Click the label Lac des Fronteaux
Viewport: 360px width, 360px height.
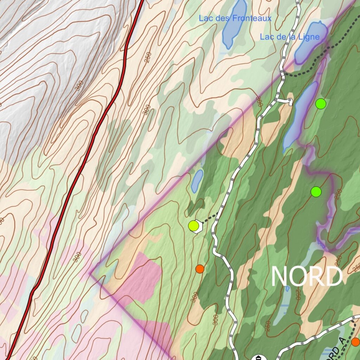[x=235, y=18]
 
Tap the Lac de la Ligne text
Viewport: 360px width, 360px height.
[x=289, y=37]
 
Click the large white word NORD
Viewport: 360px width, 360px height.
[x=307, y=277]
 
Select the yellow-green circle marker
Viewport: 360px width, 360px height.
[x=193, y=226]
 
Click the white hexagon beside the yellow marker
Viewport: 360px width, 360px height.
[x=198, y=226]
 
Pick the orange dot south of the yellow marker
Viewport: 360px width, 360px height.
[x=200, y=269]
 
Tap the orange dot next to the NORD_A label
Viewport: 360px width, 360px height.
[x=355, y=342]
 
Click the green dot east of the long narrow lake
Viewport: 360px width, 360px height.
[x=321, y=104]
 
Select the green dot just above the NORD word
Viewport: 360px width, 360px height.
[x=316, y=192]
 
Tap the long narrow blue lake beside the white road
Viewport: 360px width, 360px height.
[x=299, y=116]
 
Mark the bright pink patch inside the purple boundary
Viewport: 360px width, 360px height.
[x=141, y=278]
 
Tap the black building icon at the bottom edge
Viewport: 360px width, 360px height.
[x=258, y=357]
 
